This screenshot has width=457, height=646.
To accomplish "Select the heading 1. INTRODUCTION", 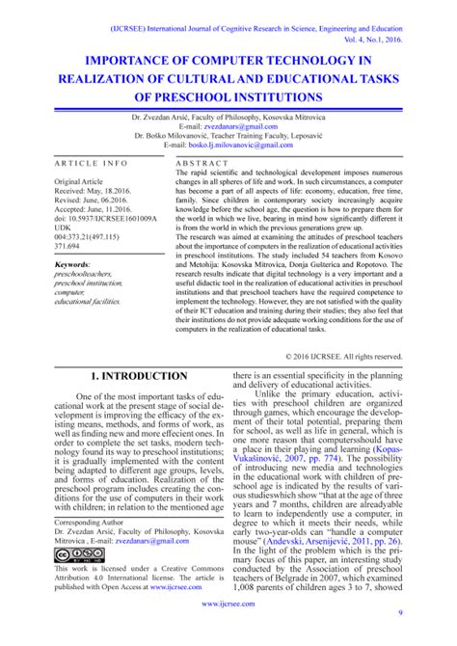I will point(138,375).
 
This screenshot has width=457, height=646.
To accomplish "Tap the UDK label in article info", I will point(65,229).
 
